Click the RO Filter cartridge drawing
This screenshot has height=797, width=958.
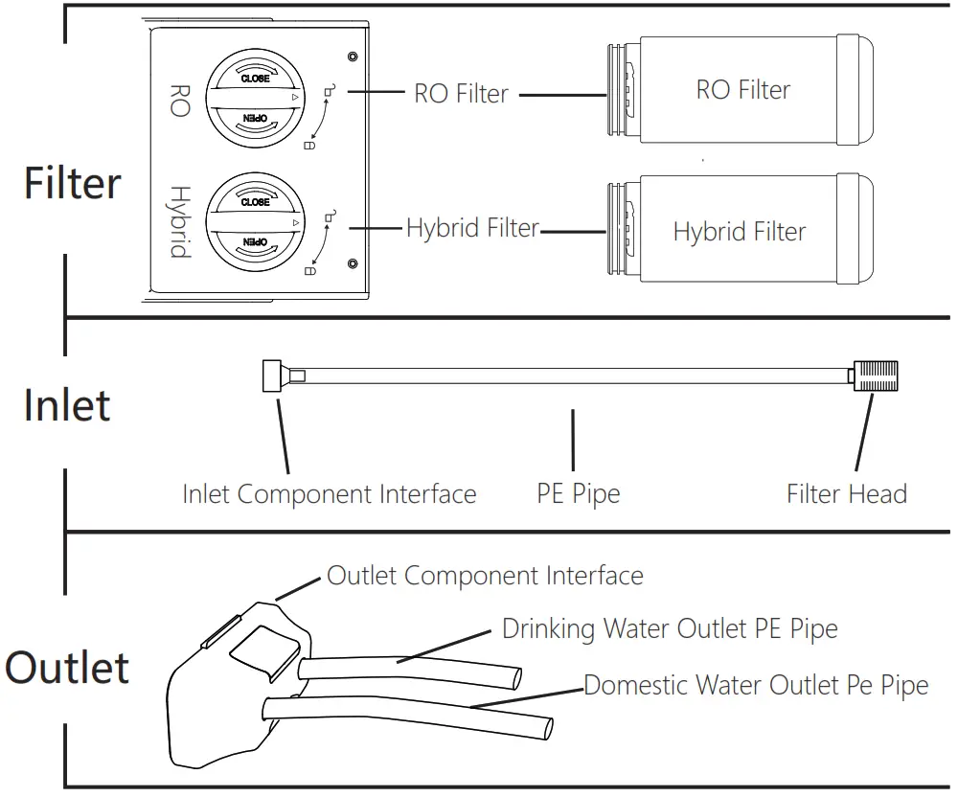tap(742, 90)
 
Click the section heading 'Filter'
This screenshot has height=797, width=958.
tap(73, 182)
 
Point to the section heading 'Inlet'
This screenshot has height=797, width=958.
tap(67, 404)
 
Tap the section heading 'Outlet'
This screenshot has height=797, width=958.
tap(67, 667)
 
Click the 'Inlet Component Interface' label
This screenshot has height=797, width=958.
tap(329, 494)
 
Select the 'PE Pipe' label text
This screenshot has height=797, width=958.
tap(578, 494)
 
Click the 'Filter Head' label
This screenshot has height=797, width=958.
tap(846, 494)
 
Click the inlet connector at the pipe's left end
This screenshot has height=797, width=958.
tap(274, 375)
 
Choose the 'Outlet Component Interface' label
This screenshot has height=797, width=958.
tap(485, 576)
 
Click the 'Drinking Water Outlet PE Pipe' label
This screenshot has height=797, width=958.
tap(670, 629)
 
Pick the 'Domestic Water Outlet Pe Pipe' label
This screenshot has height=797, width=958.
tap(756, 686)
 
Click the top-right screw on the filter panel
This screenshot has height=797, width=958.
tap(354, 57)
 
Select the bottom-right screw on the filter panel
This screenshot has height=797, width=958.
tap(354, 263)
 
